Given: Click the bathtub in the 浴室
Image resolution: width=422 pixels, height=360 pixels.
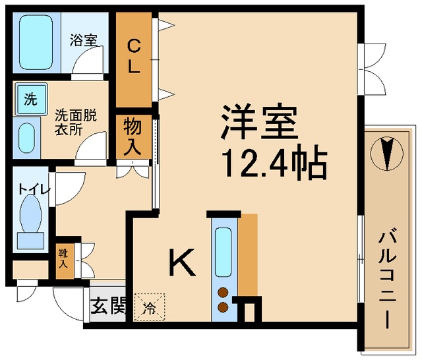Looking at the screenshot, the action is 36,42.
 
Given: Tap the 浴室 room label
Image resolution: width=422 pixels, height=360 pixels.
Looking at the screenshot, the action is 84,40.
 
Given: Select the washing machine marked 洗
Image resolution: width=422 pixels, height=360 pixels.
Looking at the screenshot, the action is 32,99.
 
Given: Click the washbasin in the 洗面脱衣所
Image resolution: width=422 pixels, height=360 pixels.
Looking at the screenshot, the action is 26,138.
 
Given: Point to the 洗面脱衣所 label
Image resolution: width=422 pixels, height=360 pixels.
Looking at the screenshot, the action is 76,123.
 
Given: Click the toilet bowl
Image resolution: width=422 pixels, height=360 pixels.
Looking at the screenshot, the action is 30,214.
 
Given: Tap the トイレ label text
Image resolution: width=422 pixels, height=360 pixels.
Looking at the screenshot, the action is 34,189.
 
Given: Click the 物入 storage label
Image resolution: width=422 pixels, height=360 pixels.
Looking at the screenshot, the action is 133,137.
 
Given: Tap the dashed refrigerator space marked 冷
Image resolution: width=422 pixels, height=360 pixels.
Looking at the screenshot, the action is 150,307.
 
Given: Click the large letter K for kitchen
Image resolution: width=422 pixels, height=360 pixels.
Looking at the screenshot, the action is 182,262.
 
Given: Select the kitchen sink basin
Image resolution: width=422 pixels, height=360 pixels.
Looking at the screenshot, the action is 224,252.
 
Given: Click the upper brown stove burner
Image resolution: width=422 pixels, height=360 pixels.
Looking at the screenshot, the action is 223,292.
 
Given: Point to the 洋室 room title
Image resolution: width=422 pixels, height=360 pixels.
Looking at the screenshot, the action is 259,122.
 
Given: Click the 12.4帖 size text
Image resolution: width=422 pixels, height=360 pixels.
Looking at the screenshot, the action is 274,162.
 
